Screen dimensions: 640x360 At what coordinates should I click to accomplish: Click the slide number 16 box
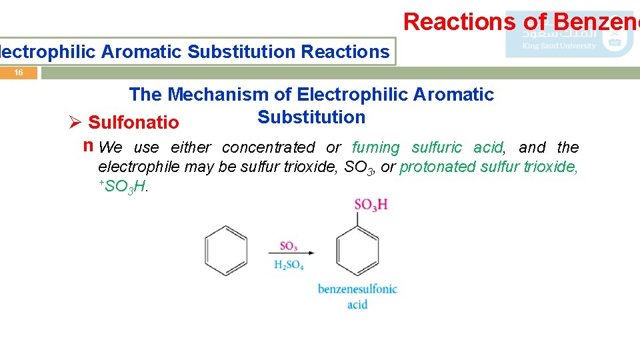pos(19,73)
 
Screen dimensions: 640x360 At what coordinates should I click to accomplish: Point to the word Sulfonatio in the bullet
pos(133,123)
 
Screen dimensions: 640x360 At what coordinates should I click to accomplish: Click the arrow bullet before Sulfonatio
pos(75,123)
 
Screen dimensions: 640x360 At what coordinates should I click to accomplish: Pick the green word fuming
pos(375,147)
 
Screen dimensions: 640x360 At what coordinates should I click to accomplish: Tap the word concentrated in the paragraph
pos(268,147)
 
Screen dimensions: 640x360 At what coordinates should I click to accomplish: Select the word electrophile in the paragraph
pos(139,167)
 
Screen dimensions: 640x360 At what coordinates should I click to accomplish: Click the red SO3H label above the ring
pos(371,205)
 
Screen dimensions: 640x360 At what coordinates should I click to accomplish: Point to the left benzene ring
pos(226,251)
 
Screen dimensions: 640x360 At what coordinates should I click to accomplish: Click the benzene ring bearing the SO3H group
pos(357,251)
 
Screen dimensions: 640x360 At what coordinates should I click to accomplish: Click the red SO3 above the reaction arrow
pos(289,245)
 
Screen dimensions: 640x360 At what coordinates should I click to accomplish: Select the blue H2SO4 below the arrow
pos(289,265)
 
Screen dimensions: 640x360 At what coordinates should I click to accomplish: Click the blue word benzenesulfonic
pos(357,289)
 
